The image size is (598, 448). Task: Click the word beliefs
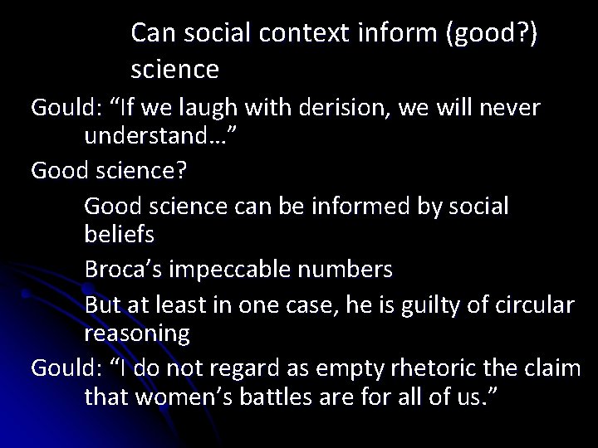pos(119,234)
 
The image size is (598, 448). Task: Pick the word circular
pos(533,305)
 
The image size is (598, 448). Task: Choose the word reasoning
pos(137,334)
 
